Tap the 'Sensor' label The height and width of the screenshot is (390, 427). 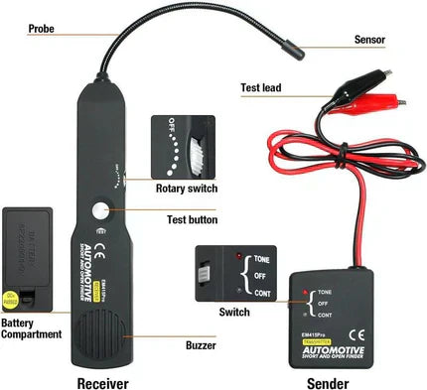(369, 41)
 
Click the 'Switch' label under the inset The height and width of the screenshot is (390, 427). (233, 312)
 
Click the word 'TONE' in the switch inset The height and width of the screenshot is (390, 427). (262, 258)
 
